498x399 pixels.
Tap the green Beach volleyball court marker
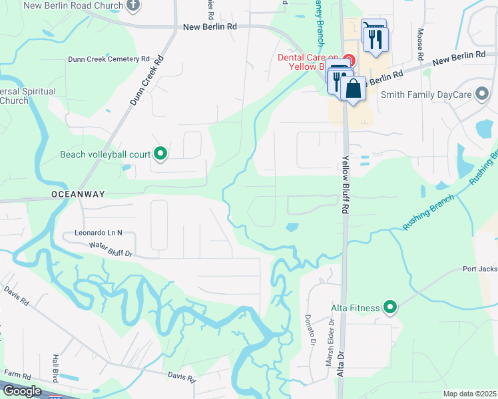point(160,154)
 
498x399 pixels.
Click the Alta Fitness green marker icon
point(390,307)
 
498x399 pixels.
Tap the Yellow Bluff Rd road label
point(346,184)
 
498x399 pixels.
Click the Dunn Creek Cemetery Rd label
point(109,59)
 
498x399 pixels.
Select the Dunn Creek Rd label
point(146,82)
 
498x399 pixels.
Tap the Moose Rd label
point(420,41)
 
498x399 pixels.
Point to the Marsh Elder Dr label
point(330,336)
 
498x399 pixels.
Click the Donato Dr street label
point(308,331)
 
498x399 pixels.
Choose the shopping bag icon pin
point(353,88)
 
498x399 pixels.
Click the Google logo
point(22,391)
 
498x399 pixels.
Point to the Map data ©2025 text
point(469,394)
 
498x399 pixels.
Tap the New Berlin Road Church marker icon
point(132,6)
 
